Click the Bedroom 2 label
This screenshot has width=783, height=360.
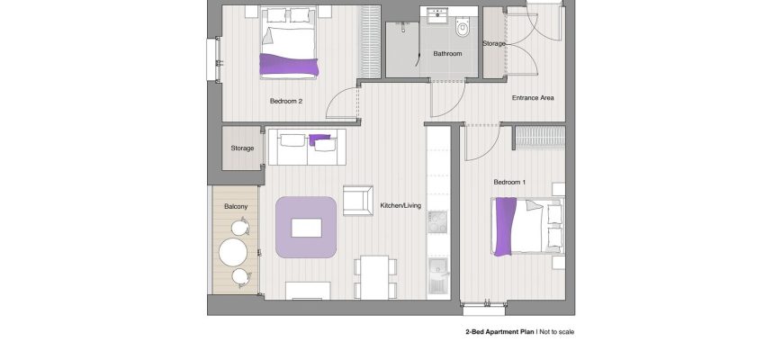click(x=286, y=101)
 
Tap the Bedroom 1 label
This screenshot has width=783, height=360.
click(x=509, y=182)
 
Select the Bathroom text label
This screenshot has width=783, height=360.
click(x=447, y=53)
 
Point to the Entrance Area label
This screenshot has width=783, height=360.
click(x=533, y=98)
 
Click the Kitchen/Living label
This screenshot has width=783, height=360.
click(x=400, y=205)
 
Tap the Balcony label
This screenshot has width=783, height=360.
click(x=236, y=206)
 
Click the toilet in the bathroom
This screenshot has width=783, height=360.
click(x=463, y=28)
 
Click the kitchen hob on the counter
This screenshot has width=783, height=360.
click(x=437, y=221)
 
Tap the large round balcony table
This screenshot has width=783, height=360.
click(x=233, y=252)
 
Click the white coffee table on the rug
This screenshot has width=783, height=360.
click(x=306, y=228)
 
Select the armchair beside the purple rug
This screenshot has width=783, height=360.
click(x=358, y=200)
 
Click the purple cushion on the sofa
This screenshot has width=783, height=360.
click(x=319, y=139)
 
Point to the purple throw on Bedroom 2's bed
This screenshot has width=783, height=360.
click(x=289, y=65)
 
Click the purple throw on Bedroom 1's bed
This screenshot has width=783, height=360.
click(x=506, y=226)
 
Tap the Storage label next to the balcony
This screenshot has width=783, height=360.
click(x=242, y=148)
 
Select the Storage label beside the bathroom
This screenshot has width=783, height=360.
click(x=494, y=43)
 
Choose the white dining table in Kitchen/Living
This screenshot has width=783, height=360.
click(x=375, y=277)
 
